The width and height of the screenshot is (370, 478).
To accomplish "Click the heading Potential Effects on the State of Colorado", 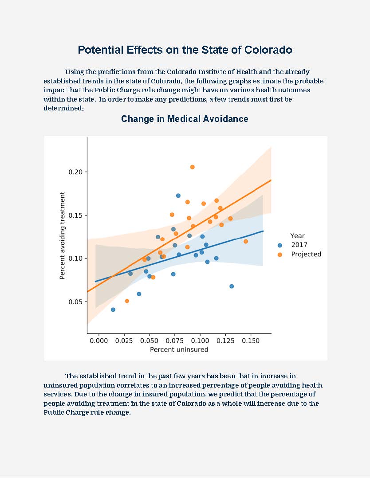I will (185, 50).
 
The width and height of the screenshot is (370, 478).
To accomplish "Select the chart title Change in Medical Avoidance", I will (185, 119).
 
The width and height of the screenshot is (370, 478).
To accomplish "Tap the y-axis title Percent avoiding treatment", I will (63, 235).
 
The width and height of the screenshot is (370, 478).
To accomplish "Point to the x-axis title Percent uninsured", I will (179, 349).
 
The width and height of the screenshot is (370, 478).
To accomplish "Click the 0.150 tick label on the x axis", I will (251, 340).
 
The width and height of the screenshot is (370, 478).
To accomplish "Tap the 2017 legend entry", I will (299, 245).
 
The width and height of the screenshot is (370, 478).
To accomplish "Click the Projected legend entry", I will (306, 254).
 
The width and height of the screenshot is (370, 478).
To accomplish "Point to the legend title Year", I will (297, 236).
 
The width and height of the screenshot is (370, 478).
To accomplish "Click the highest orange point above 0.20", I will (192, 167).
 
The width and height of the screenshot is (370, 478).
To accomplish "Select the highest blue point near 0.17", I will (178, 196).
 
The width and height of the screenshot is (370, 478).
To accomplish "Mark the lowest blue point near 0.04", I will (113, 310).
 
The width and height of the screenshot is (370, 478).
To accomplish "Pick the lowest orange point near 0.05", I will (127, 301).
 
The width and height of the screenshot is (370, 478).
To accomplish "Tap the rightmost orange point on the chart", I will (246, 241).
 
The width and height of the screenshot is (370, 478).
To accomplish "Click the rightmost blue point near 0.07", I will (232, 286).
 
